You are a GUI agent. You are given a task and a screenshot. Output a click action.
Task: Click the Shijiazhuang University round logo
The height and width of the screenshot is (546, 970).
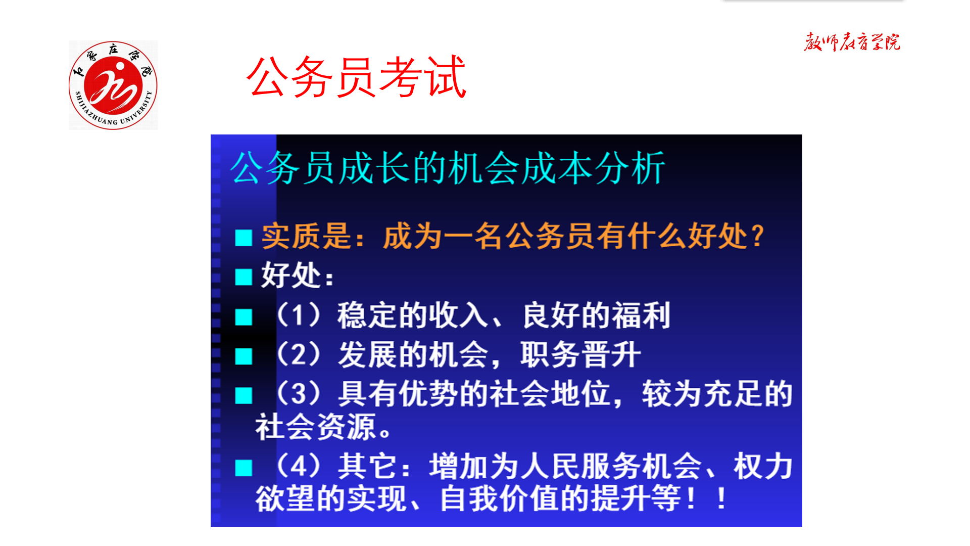click(113, 85)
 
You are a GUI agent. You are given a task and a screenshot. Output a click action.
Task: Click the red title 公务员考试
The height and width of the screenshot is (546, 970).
click(356, 77)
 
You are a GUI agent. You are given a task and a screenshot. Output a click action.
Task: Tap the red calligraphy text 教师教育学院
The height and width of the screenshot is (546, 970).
click(852, 42)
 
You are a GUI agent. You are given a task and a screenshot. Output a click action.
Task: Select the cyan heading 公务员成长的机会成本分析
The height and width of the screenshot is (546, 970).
click(448, 168)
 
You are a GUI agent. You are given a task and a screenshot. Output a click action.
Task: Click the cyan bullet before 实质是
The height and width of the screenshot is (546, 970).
click(244, 238)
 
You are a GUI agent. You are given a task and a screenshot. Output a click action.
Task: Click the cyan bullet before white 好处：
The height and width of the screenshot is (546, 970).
click(244, 277)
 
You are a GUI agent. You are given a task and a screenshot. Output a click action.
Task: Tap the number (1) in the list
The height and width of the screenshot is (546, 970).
click(298, 315)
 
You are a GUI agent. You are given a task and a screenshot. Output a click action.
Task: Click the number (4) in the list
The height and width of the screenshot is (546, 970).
click(298, 466)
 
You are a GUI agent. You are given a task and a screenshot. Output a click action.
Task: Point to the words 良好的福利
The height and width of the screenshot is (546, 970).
click(596, 315)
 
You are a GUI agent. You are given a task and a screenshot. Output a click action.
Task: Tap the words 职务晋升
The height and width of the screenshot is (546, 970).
click(580, 354)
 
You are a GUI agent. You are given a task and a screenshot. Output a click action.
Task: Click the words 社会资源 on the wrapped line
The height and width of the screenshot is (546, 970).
click(316, 427)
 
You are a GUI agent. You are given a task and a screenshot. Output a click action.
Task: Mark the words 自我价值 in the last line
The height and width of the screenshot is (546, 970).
click(500, 499)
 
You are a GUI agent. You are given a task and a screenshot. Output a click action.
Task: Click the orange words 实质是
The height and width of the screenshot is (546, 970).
click(306, 236)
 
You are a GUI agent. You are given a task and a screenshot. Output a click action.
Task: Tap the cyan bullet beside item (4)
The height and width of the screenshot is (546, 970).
click(244, 468)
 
